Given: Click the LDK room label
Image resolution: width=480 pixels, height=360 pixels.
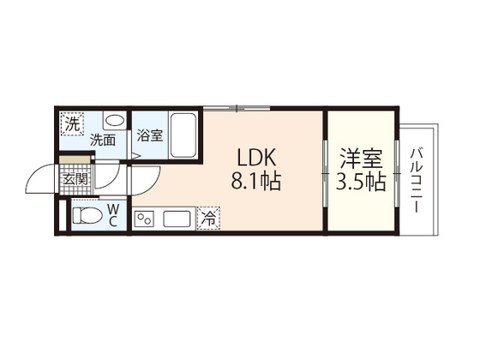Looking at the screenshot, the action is point(257,157).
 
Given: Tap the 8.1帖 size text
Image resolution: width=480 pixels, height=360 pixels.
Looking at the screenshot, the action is point(256,181).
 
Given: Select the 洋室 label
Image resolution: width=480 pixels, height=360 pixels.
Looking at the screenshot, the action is point(361,158).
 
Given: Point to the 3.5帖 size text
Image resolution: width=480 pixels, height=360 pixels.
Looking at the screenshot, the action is point(361,182).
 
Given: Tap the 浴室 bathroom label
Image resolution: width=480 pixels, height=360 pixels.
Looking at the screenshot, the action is point(150,135).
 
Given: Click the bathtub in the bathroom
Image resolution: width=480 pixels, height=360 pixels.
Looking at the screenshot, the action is point(183,135).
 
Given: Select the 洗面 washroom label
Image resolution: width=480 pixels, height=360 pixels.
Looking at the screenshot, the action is point(103,141).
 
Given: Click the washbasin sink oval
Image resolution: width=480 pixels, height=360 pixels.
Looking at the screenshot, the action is point(115,120).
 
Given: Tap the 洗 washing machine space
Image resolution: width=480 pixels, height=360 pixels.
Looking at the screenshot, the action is point(72,124).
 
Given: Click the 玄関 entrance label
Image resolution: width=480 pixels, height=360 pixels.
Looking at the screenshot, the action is point(75,179).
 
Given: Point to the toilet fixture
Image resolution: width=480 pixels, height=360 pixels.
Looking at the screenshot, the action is point(87,215).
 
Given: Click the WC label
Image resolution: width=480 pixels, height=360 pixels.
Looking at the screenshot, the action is point(113,216).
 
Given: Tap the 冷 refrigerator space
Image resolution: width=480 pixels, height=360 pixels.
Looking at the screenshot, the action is point(209,219).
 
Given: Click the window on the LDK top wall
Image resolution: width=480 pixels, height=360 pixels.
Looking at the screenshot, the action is point(237,108).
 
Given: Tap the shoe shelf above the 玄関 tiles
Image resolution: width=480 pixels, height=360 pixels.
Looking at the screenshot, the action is point(75,159).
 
